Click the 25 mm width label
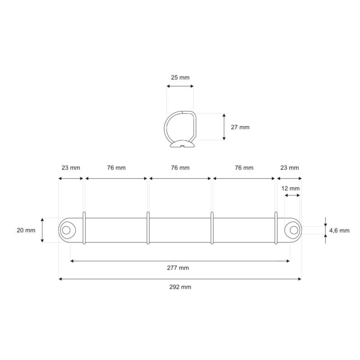[180, 77]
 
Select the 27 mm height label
[240, 127]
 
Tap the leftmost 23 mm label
[71, 168]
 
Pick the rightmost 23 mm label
[289, 168]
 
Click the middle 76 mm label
[180, 168]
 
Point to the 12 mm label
[290, 188]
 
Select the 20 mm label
[26, 230]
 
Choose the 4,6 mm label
[339, 230]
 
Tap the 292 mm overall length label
[180, 287]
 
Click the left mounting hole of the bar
[66, 230]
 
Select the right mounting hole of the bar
[294, 230]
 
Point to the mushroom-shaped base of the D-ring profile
[182, 144]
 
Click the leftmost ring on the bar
[84, 228]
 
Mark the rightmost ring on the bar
[276, 228]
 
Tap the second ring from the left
[148, 228]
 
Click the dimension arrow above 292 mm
[180, 279]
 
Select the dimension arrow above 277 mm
[180, 261]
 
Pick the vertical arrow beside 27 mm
[224, 127]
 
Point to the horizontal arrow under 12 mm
[292, 195]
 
